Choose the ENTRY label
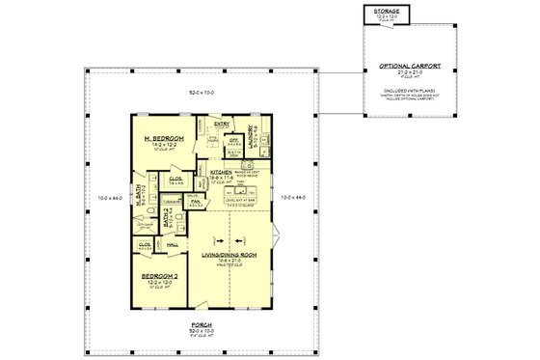tap(222, 125)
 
